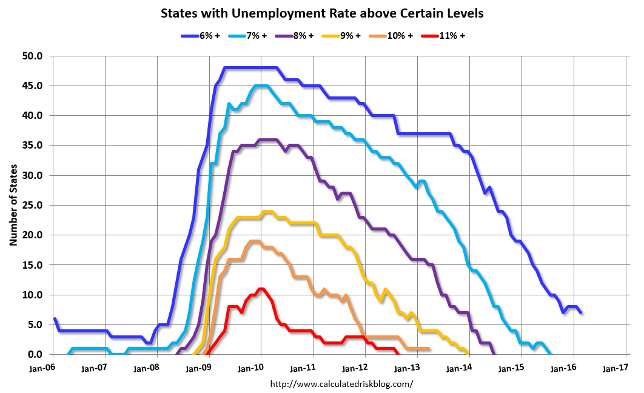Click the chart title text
point(322,13)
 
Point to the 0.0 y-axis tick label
point(36,354)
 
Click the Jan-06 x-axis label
point(41,368)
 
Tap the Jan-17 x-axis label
point(614,368)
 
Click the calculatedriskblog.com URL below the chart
point(341,383)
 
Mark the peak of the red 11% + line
point(261,289)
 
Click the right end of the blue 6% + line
point(582,312)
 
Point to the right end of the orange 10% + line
point(429,348)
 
